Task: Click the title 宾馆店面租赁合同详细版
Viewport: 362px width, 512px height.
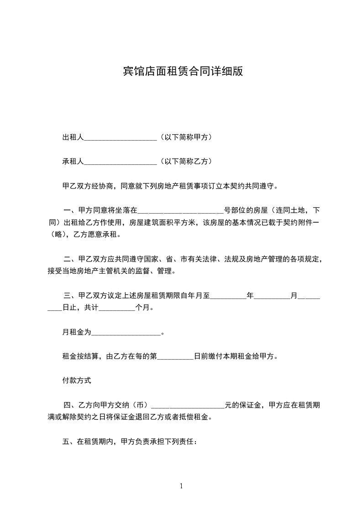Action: (183, 71)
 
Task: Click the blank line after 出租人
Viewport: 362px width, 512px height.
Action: (121, 137)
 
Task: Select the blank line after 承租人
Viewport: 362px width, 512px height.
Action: (121, 162)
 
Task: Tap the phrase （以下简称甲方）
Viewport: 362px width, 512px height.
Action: (185, 137)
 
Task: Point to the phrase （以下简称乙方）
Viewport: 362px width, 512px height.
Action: (185, 162)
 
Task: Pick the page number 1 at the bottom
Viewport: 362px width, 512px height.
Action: (181, 486)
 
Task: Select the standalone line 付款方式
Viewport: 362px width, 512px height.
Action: (77, 380)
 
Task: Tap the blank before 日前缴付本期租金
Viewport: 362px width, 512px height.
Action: (176, 356)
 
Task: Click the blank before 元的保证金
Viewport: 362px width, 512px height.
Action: (187, 405)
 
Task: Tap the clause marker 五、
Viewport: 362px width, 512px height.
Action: (69, 442)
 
